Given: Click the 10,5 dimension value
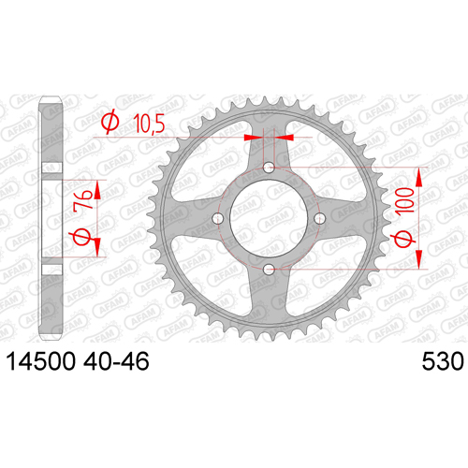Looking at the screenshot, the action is [149, 124].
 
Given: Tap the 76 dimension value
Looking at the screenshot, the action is [83, 199].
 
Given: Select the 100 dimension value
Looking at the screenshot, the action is [405, 200].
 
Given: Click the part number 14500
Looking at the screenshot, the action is [41, 361].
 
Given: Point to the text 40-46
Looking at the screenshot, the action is [116, 361].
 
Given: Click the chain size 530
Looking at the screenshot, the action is [443, 361].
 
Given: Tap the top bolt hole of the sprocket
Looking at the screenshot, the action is [269, 168].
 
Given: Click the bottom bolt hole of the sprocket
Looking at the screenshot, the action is [269, 270].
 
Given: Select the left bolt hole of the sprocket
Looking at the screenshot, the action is [218, 218].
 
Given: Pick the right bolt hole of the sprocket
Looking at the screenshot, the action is [319, 218].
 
